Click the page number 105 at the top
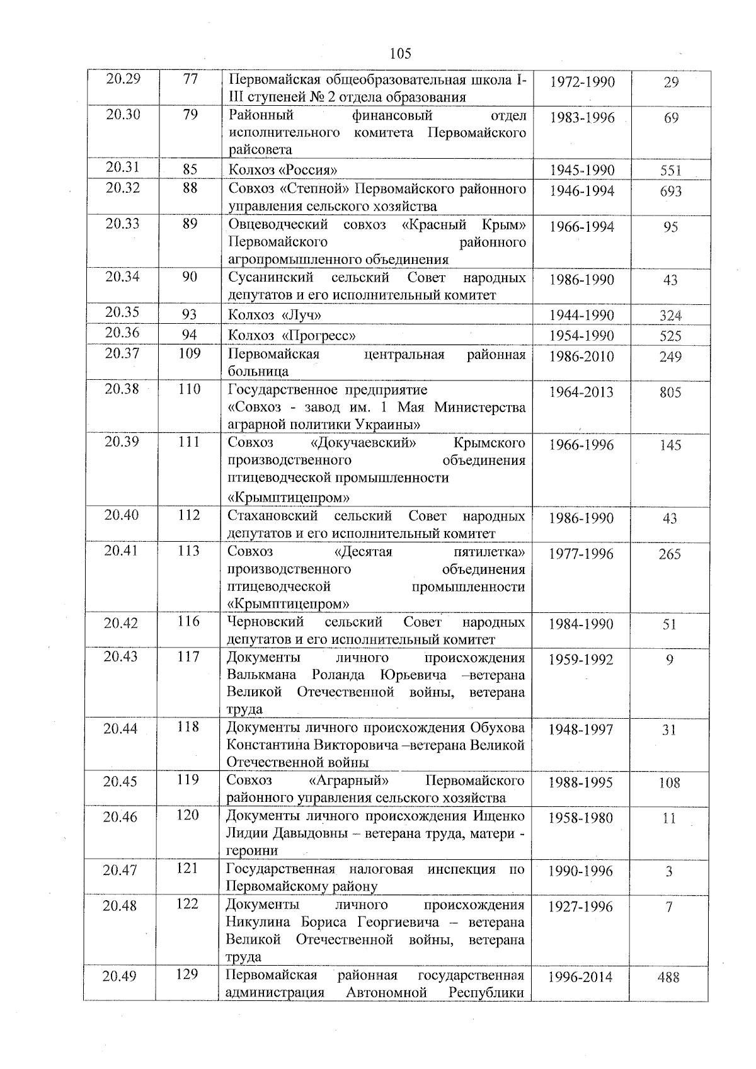click(400, 54)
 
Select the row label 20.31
click(123, 167)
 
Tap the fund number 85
click(190, 169)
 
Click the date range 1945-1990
click(581, 170)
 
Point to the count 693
click(670, 191)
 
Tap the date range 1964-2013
click(581, 392)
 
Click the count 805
click(670, 392)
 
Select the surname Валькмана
click(264, 675)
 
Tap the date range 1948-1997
click(580, 729)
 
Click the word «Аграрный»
click(349, 780)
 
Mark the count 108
click(669, 782)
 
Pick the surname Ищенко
click(498, 816)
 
